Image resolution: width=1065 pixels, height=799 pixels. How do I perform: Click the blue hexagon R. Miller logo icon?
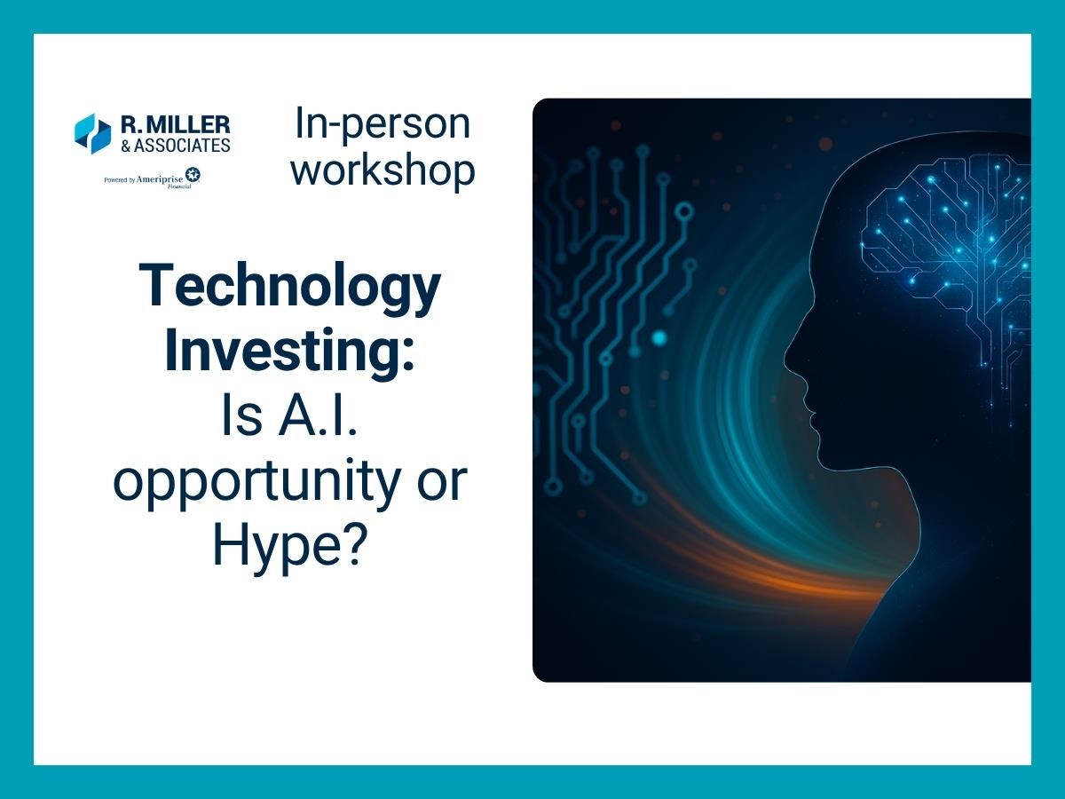click(x=92, y=134)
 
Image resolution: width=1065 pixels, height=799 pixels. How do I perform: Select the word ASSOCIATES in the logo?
click(x=182, y=146)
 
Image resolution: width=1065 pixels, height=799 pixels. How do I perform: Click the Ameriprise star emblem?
click(x=193, y=175)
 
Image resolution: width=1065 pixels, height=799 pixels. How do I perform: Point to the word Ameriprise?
click(x=160, y=179)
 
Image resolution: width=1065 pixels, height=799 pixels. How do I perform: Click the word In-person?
click(x=383, y=124)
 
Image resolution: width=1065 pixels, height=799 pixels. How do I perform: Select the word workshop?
click(x=383, y=170)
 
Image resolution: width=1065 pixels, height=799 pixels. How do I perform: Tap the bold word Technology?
click(x=289, y=287)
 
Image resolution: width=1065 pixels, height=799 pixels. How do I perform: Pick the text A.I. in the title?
click(x=318, y=415)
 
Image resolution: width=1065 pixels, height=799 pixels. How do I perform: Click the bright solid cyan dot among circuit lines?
click(x=659, y=338)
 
